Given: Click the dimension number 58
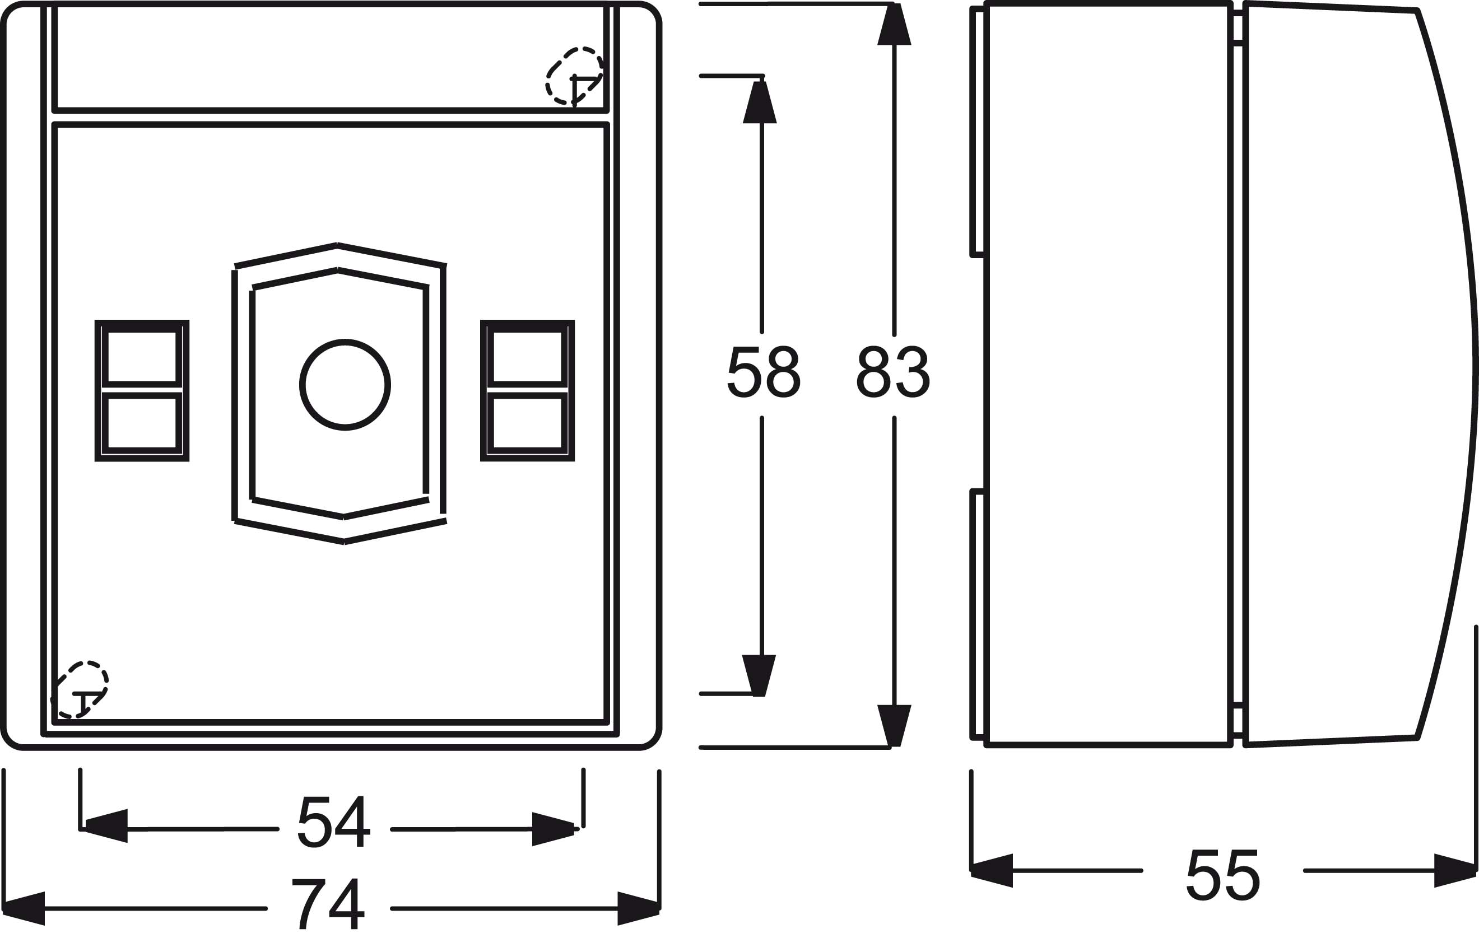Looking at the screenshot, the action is [x=764, y=371].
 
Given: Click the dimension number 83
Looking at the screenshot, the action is [x=894, y=371].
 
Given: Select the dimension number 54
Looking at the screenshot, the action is [x=334, y=822].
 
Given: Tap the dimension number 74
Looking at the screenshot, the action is [x=328, y=903].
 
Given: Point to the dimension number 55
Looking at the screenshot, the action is [x=1223, y=875].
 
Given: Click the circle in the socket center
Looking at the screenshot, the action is [x=345, y=385].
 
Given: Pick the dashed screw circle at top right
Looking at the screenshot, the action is [x=574, y=76].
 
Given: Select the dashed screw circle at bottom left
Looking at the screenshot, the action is [x=80, y=689].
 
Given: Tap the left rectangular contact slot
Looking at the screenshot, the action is [x=142, y=391].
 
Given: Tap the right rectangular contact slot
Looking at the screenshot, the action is [x=527, y=391].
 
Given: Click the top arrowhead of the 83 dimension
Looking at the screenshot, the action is [x=894, y=24].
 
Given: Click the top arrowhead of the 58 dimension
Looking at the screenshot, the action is [x=760, y=102].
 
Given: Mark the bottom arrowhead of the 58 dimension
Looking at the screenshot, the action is [x=759, y=676].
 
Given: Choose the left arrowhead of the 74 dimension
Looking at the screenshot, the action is [x=24, y=909].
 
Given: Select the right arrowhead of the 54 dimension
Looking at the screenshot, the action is [x=554, y=829].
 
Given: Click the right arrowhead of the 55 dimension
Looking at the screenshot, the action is [x=1455, y=870].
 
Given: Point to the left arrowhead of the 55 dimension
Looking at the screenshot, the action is [x=992, y=870].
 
